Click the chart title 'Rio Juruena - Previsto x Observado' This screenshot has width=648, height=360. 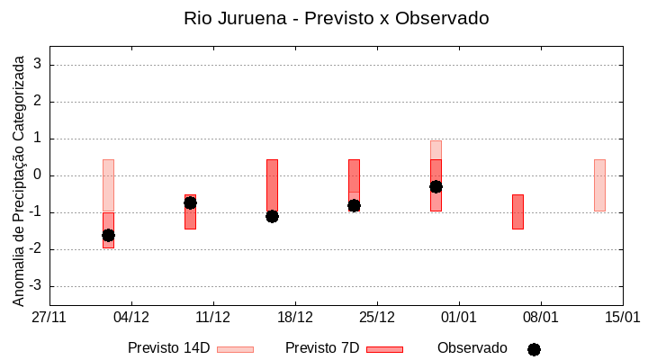[x=336, y=18]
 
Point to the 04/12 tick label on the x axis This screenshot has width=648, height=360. [x=131, y=318]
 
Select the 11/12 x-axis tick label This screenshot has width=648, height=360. [x=213, y=318]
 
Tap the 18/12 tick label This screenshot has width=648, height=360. [x=295, y=318]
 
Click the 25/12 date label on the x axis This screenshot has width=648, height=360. [x=377, y=318]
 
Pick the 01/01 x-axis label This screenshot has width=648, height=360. [x=459, y=318]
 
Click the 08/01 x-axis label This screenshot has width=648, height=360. [x=541, y=318]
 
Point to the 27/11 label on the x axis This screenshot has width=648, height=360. [x=49, y=318]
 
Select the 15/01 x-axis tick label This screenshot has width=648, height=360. [x=622, y=318]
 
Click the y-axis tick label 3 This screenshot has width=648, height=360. [x=38, y=65]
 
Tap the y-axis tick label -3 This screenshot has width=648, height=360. [x=35, y=286]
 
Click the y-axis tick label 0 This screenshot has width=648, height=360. [x=38, y=175]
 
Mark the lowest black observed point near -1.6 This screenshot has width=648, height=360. [x=108, y=235]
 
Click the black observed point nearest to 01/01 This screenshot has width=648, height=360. [x=436, y=186]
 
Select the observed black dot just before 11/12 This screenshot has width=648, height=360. [x=190, y=202]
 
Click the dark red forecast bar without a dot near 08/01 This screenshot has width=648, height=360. [x=517, y=211]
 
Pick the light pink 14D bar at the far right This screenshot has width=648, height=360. [x=599, y=184]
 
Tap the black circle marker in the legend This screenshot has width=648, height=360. [x=534, y=349]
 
